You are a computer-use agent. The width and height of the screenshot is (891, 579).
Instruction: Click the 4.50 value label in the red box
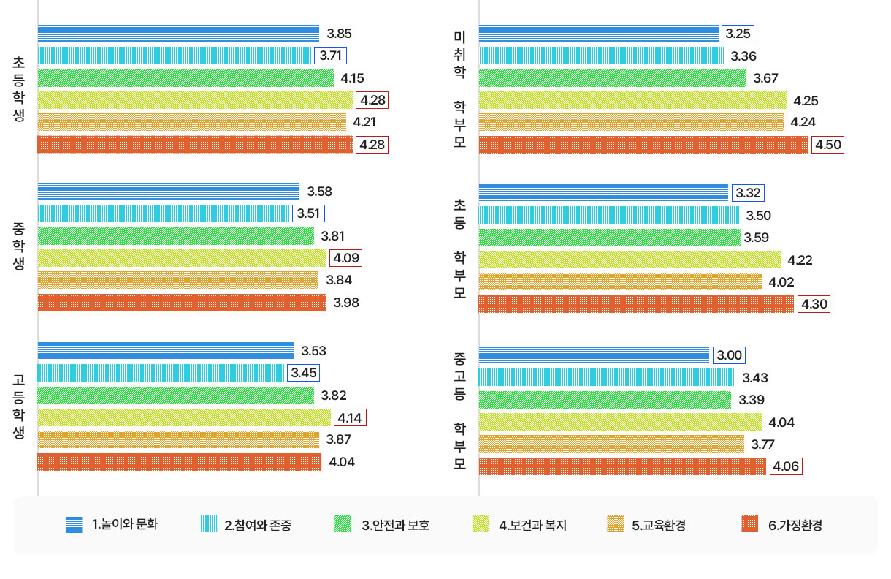click(x=828, y=145)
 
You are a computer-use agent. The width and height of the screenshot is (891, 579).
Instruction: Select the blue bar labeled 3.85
click(x=178, y=33)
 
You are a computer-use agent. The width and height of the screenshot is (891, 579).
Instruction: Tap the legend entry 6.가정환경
click(x=795, y=525)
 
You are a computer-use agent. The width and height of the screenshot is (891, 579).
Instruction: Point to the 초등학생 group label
click(x=18, y=89)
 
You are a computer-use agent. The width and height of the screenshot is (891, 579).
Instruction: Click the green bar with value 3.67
click(x=612, y=78)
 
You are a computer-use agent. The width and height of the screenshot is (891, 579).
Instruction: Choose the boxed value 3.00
click(x=730, y=355)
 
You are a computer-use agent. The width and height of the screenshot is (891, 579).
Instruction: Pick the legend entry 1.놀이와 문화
click(x=125, y=524)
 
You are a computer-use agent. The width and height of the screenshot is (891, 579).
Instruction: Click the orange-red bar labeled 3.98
click(x=181, y=303)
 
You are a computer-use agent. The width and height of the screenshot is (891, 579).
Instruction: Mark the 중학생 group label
click(x=18, y=247)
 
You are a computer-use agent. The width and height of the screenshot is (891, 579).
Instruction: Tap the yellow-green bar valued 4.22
click(x=630, y=260)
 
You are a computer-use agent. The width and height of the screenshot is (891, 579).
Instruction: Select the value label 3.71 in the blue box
click(x=329, y=55)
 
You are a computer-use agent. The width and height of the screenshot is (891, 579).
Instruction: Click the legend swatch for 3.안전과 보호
click(x=343, y=524)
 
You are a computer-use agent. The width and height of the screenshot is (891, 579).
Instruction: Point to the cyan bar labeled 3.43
click(x=607, y=377)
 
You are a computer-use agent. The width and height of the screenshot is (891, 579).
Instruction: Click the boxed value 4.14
click(x=350, y=417)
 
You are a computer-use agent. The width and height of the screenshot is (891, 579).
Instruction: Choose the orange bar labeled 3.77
click(x=611, y=444)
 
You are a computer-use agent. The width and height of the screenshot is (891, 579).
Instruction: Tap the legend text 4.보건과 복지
click(x=532, y=525)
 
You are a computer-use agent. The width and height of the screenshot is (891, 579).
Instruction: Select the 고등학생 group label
click(x=18, y=406)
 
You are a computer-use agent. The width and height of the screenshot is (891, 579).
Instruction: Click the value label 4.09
click(x=345, y=258)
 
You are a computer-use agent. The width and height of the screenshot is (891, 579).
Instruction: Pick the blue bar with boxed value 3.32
click(x=603, y=193)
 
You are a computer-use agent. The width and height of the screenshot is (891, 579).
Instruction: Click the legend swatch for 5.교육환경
click(x=615, y=524)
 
